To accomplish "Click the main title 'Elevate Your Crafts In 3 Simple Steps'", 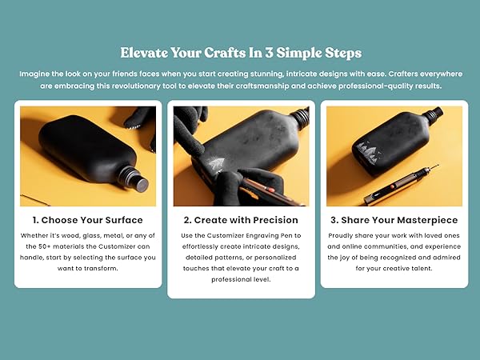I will pos(240,53).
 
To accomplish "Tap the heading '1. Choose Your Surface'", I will pos(88,220).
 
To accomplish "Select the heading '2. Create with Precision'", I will pos(241,220).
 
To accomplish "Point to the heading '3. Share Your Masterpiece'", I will pos(394,220).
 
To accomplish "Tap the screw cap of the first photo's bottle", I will pos(138,182).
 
